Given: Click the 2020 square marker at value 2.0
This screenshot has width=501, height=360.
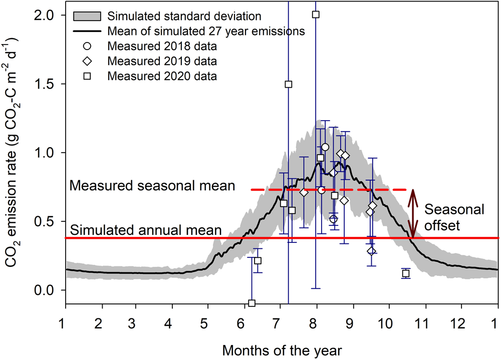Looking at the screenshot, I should pyautogui.click(x=316, y=15).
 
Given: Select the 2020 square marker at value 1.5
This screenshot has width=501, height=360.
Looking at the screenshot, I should pyautogui.click(x=289, y=84).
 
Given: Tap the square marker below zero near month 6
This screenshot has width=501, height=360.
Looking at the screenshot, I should pyautogui.click(x=252, y=303).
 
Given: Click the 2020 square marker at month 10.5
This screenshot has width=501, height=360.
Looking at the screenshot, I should pyautogui.click(x=406, y=273).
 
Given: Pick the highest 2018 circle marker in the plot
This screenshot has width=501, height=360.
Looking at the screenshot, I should pyautogui.click(x=325, y=147).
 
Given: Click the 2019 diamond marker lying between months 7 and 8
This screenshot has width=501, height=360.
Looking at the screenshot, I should pyautogui.click(x=304, y=193).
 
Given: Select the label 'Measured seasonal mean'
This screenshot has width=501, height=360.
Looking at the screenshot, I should pyautogui.click(x=152, y=186).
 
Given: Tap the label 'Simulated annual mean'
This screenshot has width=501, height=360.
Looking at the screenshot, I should pyautogui.click(x=146, y=230).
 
